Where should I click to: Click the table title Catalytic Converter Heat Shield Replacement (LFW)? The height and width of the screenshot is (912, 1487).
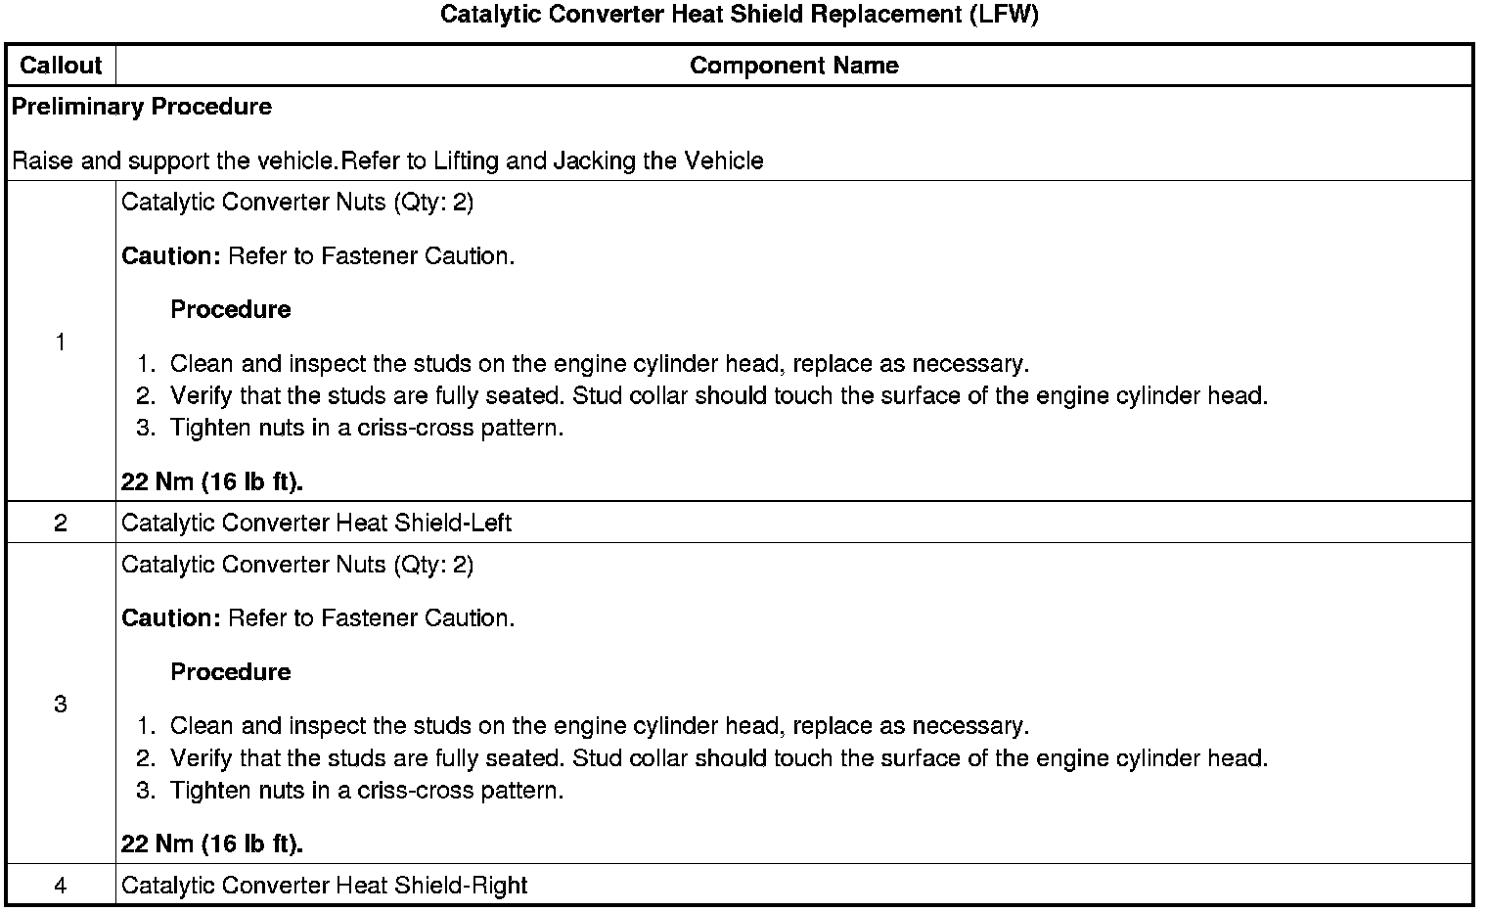pos(739,15)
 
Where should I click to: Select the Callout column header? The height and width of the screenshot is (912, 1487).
pos(61,66)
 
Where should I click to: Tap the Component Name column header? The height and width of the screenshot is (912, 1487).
pos(793,66)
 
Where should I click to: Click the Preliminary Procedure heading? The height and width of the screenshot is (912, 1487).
pos(142,107)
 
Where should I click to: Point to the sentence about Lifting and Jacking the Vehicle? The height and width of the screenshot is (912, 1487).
pos(387,160)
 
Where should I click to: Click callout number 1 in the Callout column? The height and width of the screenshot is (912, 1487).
pos(61,342)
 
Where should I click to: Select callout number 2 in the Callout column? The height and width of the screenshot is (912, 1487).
pos(61,523)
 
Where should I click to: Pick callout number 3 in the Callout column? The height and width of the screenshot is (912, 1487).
pos(61,704)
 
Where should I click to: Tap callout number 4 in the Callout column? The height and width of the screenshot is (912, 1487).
pos(61,886)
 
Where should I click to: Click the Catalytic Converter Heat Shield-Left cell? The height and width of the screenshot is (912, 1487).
pos(316,523)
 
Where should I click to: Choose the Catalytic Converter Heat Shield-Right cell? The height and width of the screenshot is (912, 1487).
pos(324,886)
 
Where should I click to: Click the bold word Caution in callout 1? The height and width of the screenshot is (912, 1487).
pos(171,256)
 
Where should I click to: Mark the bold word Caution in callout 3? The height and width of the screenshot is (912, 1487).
pos(171,618)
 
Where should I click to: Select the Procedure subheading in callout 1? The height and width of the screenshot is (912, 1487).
pos(231,310)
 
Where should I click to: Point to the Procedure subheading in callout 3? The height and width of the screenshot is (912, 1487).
pos(231,672)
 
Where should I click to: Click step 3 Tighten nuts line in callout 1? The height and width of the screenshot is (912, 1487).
pos(366,428)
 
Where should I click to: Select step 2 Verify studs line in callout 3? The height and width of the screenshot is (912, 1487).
pos(718,758)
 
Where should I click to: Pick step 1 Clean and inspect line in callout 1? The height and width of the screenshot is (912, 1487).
pos(599,364)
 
